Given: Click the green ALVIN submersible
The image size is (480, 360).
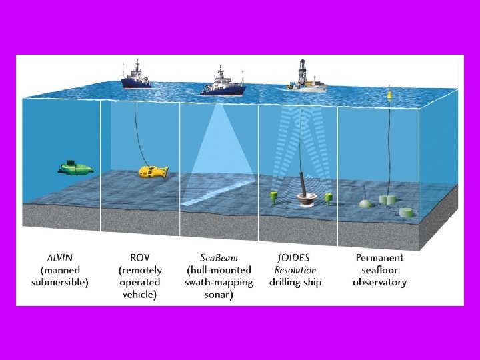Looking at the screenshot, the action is [75, 167].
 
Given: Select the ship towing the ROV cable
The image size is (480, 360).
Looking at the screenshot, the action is [136, 77].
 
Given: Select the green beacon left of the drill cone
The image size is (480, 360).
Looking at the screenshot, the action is [273, 196].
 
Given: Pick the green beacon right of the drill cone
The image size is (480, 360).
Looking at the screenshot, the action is [329, 197].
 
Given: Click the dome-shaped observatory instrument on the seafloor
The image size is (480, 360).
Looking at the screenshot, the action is [365, 203].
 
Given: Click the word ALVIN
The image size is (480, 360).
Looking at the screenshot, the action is [60, 258].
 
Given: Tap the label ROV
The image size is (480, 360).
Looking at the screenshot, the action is [139, 258].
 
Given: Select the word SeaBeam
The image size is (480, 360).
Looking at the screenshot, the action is [219, 258].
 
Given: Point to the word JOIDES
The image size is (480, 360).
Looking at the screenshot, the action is [294, 258].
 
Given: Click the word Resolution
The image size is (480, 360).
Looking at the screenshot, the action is [295, 270].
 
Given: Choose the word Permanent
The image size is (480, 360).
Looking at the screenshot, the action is [379, 258].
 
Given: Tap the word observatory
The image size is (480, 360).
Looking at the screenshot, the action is [379, 282].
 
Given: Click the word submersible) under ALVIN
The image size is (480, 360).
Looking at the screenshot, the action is [60, 282].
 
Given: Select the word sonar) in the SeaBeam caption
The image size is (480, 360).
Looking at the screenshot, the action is [219, 294].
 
